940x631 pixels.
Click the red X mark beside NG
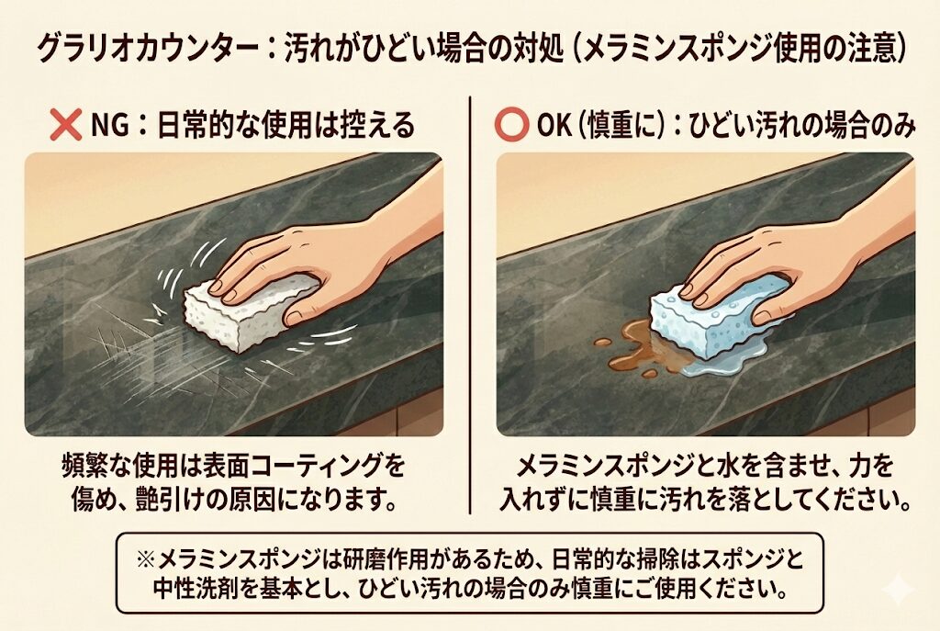66,125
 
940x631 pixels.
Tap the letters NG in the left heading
109,126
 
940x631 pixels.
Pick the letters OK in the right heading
554,126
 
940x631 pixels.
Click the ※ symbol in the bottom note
146,560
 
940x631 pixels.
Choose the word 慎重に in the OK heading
620,126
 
